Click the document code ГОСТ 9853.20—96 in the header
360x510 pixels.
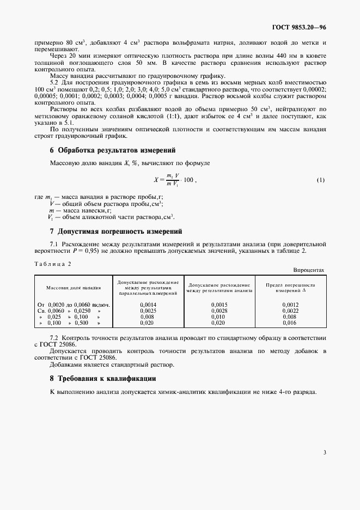tap(299, 26)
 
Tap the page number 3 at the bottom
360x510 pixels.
tap(324, 452)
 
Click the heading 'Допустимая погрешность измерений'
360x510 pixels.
tap(116, 231)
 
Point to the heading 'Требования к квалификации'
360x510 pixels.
tap(103, 378)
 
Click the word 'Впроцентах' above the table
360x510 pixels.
tap(309, 270)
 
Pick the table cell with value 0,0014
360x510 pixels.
tap(148, 305)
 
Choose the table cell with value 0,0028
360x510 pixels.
tap(219, 311)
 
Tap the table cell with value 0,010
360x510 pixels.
tap(219, 317)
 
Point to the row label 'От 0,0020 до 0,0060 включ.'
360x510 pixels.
tap(74, 305)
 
